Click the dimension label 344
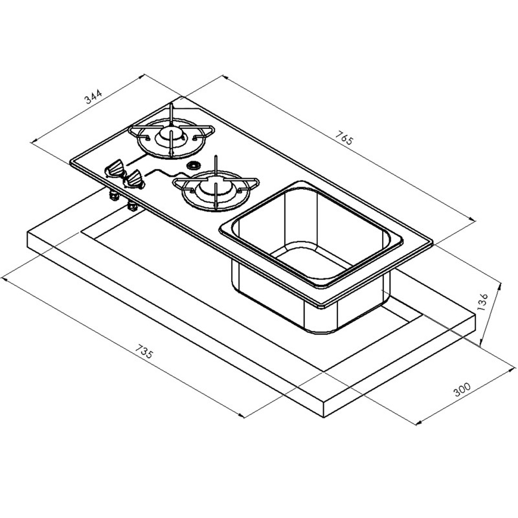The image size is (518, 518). pyautogui.click(x=93, y=96)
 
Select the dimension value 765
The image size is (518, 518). pyautogui.click(x=344, y=138)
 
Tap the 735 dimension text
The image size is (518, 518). pyautogui.click(x=144, y=352)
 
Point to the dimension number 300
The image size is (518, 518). pyautogui.click(x=462, y=389)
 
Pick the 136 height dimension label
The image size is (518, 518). pyautogui.click(x=482, y=300)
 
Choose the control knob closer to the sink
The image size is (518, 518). pyautogui.click(x=134, y=180)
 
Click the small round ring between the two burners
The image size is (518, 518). pyautogui.click(x=192, y=165)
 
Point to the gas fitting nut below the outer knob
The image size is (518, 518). pyautogui.click(x=114, y=196)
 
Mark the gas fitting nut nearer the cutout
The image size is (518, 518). pyautogui.click(x=132, y=206)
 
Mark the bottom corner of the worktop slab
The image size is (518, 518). pyautogui.click(x=324, y=417)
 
